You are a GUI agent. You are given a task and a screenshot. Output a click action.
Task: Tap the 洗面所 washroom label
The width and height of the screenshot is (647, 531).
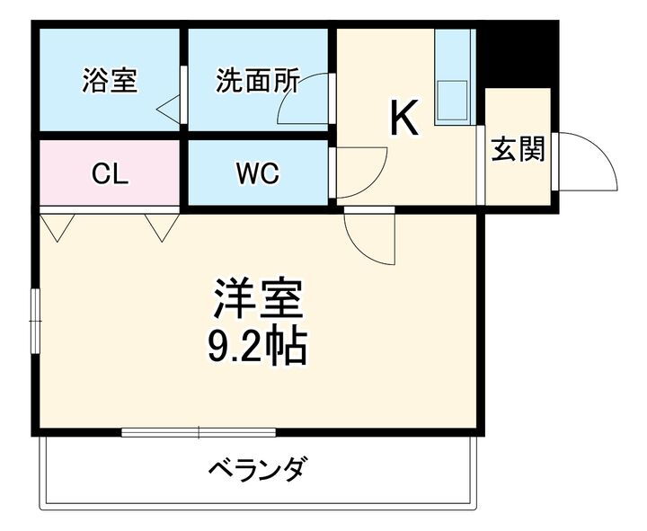pyautogui.click(x=257, y=80)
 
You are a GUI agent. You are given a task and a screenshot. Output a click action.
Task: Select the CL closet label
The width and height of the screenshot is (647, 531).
pyautogui.click(x=111, y=173)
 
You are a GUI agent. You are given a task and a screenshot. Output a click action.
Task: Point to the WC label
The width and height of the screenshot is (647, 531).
pyautogui.click(x=257, y=173)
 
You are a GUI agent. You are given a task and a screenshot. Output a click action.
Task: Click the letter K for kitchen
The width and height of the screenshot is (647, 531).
pyautogui.click(x=404, y=119)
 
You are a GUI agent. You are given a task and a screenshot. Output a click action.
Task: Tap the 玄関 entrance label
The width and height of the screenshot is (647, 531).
pyautogui.click(x=518, y=149)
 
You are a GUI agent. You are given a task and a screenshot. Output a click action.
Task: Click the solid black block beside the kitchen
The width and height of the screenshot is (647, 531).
pyautogui.click(x=517, y=54)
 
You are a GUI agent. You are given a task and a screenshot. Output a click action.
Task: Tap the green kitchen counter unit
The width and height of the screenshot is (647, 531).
pyautogui.click(x=455, y=76)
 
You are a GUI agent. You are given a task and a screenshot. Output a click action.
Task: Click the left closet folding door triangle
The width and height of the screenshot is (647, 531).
pyautogui.click(x=56, y=226)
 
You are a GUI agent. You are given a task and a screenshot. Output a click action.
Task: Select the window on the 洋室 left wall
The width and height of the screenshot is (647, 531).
pyautogui.click(x=35, y=320)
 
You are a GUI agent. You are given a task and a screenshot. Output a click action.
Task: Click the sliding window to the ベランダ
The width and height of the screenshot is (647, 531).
pyautogui.click(x=199, y=432)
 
